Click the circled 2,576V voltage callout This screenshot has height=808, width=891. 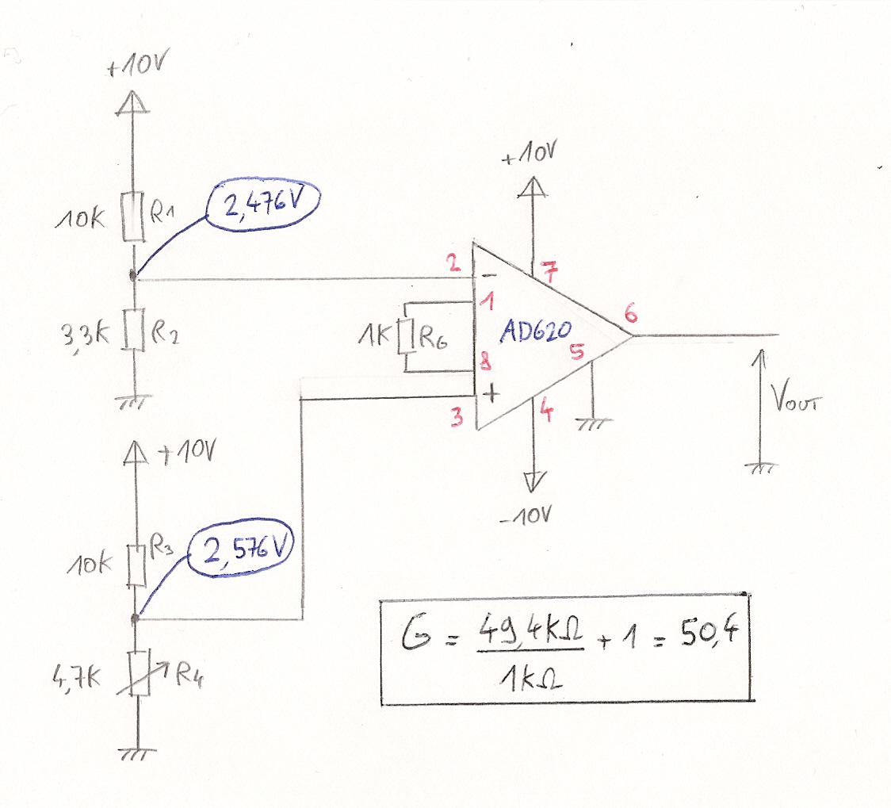[247, 550]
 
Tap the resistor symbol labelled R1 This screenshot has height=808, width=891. [132, 216]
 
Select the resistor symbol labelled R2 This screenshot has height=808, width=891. [132, 330]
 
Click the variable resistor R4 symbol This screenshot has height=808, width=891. [140, 673]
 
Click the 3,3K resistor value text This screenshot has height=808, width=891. [83, 331]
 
